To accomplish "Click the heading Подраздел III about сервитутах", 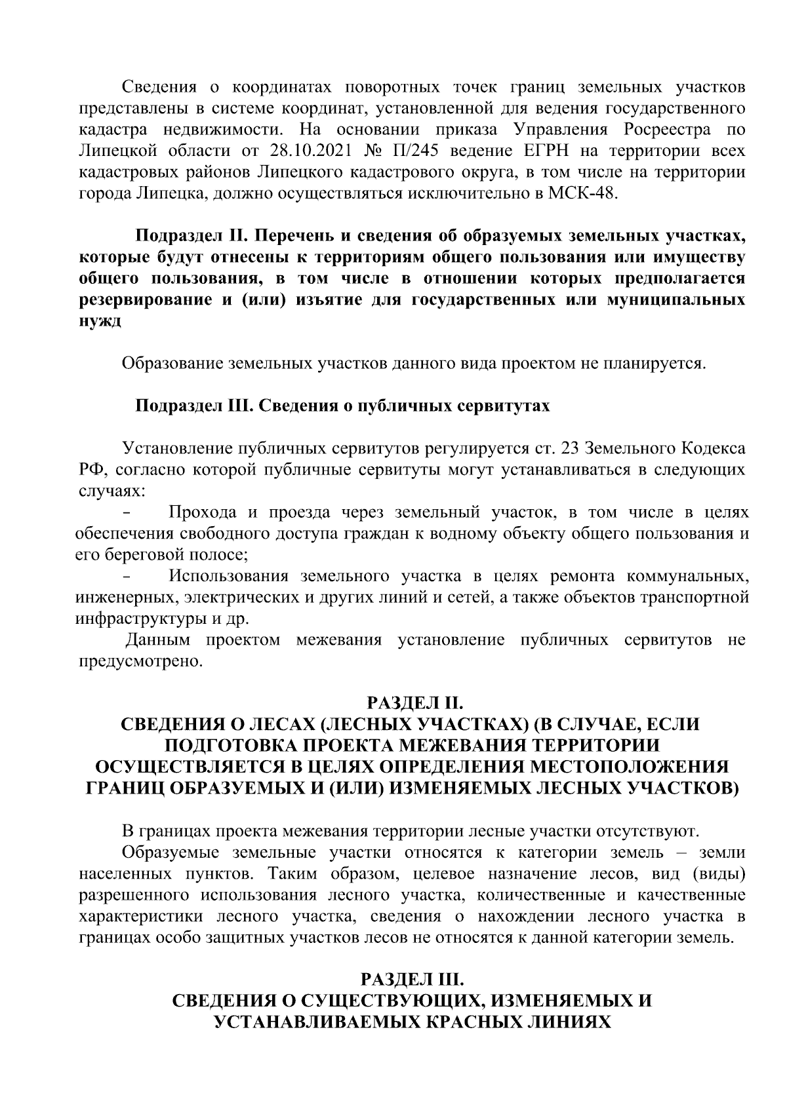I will (342, 406).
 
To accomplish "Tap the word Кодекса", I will (713, 449).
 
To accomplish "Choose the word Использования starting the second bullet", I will (228, 577).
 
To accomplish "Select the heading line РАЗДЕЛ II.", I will (414, 704).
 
